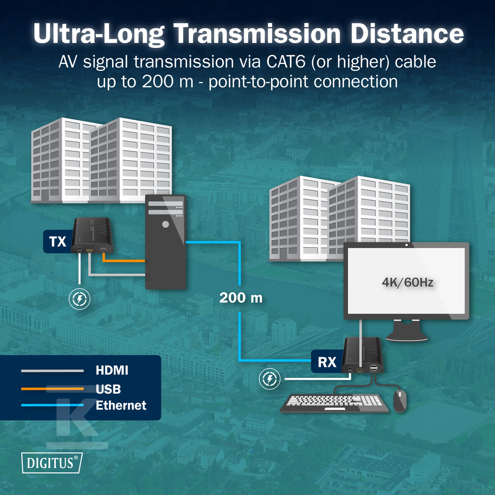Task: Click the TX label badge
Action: (x=57, y=241)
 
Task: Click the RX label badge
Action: (x=327, y=361)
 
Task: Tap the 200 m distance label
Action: (x=241, y=298)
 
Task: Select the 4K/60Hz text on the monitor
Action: (x=408, y=282)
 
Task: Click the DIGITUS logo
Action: (x=52, y=463)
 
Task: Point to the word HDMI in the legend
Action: (x=112, y=370)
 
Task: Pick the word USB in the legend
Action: (x=108, y=389)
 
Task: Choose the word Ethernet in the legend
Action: (x=121, y=405)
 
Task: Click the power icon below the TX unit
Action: (x=80, y=299)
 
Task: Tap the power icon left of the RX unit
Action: (x=269, y=379)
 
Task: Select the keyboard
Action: (x=334, y=403)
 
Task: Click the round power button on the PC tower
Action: (x=166, y=224)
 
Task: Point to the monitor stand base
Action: (x=407, y=335)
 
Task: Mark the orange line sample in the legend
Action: (x=52, y=389)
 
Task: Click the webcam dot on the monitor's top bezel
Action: (x=406, y=245)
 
